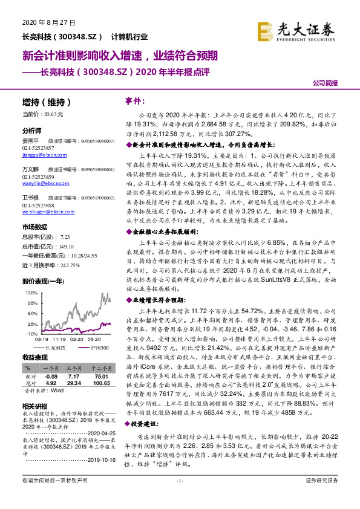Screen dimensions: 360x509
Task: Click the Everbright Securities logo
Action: coord(296,28)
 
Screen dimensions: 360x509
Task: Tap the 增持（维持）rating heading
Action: coord(47,102)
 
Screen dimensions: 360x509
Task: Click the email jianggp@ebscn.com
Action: coord(43,155)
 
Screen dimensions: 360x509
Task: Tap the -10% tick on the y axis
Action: coord(30,333)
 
